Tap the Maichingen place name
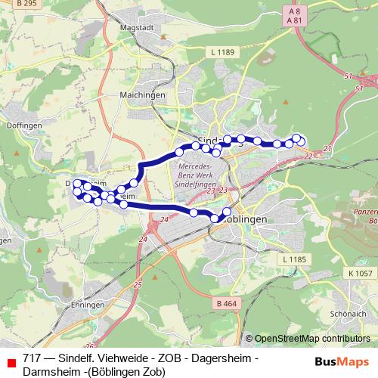coord(138,95)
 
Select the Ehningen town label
coord(85,304)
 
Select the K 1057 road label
coord(361,272)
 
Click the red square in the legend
coord(11,361)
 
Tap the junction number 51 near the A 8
coord(348,76)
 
